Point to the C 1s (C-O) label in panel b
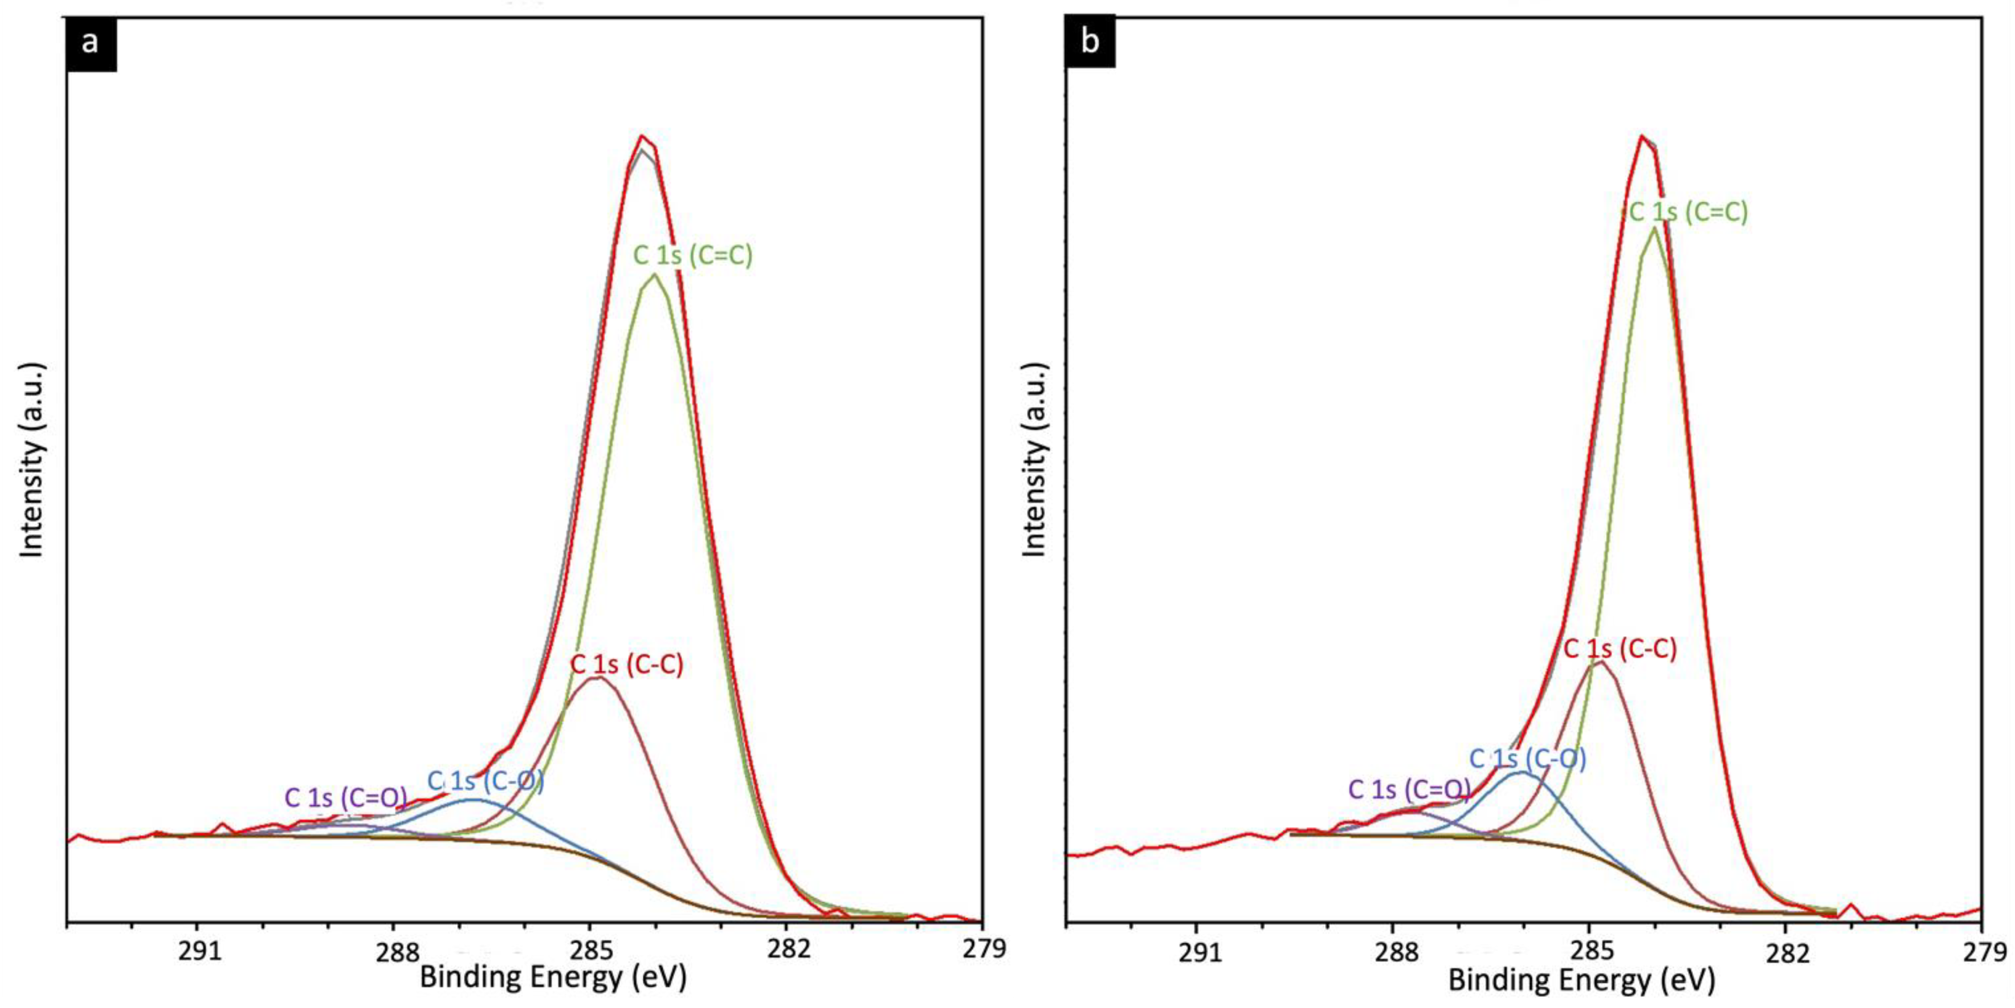(1527, 758)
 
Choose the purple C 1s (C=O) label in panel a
(346, 798)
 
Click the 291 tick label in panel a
(198, 950)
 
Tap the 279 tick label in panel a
(982, 950)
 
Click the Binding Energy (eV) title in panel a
(553, 977)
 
